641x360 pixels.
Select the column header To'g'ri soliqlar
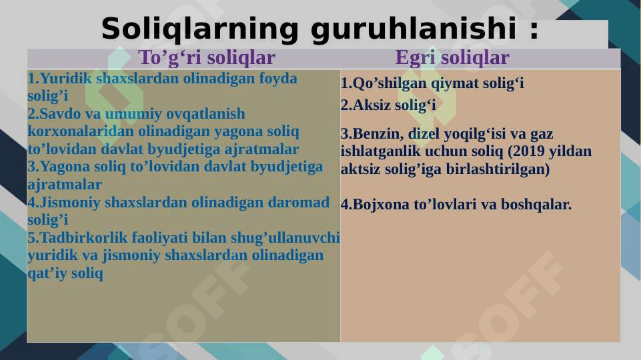tap(207, 57)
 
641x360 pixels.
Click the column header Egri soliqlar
tap(452, 57)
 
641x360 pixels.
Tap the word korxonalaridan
tap(81, 131)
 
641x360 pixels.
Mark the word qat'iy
tap(47, 273)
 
